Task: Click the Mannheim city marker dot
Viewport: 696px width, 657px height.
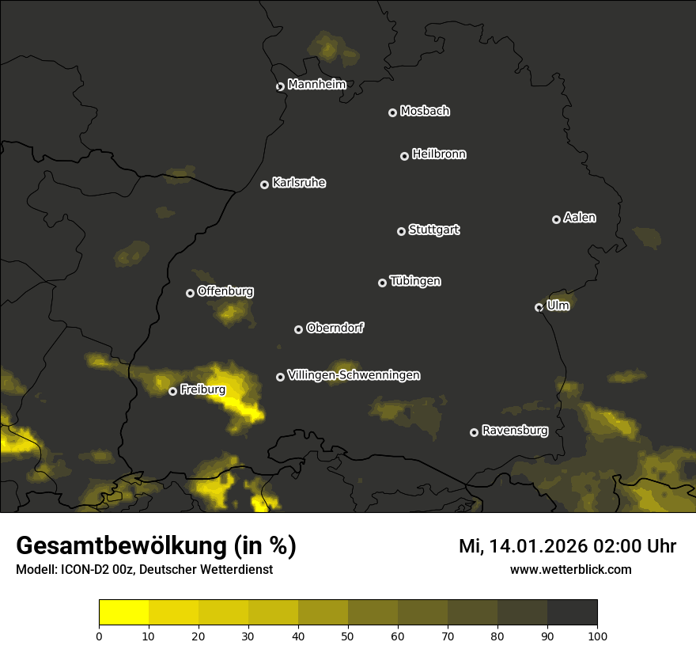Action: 280,87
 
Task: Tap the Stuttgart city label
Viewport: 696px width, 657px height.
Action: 433,230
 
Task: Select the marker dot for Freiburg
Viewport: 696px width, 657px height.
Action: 172,391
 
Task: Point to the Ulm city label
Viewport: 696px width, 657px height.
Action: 558,306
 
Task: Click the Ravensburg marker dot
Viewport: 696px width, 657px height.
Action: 474,432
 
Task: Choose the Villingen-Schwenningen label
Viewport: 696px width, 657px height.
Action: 354,375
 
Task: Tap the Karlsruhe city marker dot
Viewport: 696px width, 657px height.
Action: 264,185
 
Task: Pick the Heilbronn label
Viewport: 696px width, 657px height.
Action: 439,154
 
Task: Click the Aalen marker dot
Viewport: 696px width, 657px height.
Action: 556,219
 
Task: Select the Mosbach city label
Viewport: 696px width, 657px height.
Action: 425,112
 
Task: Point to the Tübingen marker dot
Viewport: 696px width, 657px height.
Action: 382,283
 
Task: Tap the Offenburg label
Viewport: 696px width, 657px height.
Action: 225,291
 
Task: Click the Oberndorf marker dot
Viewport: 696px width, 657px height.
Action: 298,329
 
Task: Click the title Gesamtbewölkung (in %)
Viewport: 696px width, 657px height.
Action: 156,546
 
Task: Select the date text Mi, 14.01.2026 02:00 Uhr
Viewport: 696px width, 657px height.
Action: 567,546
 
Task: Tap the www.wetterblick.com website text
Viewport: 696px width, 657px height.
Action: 570,569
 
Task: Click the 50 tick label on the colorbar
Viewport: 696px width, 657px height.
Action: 348,636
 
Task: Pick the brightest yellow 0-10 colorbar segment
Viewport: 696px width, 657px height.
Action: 124,613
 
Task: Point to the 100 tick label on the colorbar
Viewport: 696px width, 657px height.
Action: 597,636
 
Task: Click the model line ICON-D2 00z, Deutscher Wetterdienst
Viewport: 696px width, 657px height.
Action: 144,569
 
